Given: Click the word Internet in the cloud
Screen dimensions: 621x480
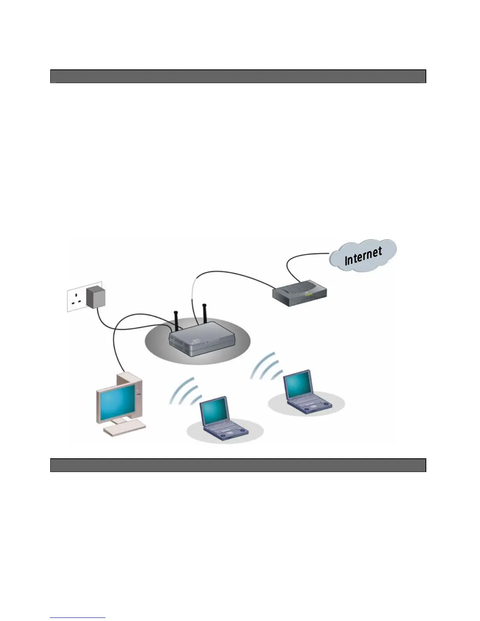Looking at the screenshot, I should (x=363, y=256).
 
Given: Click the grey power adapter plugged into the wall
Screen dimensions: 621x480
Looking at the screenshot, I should (x=96, y=297).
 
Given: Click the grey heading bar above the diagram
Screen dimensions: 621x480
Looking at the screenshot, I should (x=238, y=76).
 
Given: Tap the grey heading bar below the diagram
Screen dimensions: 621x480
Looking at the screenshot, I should (x=238, y=465).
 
